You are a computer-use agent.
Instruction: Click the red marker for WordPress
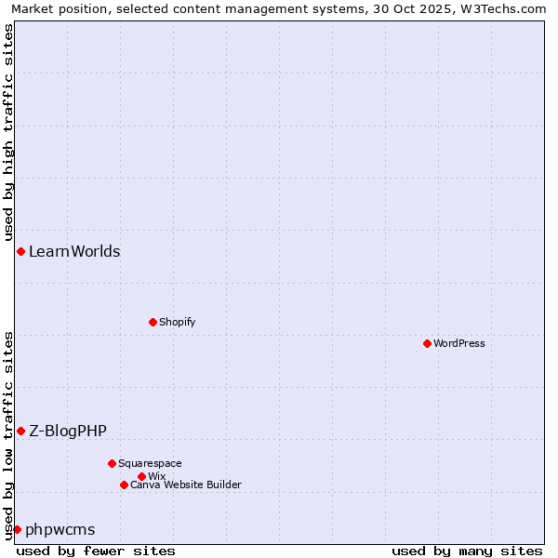coord(427,343)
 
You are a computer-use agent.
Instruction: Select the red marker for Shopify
coord(153,322)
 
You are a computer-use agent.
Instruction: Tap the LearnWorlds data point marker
coord(20,251)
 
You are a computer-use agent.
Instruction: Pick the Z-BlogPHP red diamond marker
coord(20,431)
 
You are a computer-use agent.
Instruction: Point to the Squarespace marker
coord(112,463)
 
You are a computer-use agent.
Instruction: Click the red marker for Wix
coord(141,476)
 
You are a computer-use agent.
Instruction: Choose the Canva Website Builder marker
coord(124,485)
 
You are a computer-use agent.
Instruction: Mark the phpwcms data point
coord(17,529)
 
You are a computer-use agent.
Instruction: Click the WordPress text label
coord(459,343)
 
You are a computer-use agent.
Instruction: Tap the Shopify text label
coord(177,322)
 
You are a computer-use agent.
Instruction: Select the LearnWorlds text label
coord(74,251)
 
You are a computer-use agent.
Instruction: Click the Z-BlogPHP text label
coord(68,431)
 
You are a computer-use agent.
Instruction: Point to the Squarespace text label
coord(150,463)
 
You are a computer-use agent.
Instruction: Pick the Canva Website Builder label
coord(186,485)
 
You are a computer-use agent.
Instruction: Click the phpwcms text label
coord(60,529)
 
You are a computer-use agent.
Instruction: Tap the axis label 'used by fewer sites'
coord(96,551)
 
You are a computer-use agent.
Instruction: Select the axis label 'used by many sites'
coord(467,551)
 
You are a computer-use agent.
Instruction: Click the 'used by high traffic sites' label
coord(8,132)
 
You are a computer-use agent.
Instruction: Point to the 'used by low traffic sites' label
coord(8,434)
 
